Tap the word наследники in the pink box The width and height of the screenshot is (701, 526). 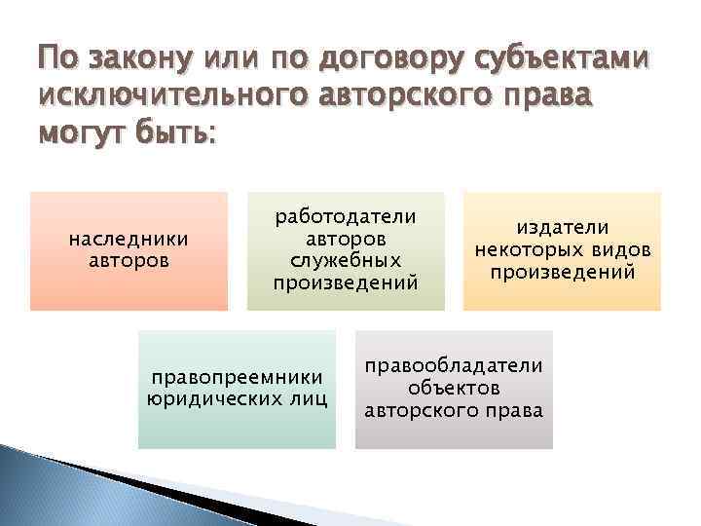129,240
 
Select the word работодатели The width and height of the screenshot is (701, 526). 346,216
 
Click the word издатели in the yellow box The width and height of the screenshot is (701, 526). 562,227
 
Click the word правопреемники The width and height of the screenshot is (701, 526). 237,377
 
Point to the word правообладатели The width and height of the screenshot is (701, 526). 454,366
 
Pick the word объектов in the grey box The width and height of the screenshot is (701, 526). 454,389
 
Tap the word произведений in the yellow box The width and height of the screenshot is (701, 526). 562,272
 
